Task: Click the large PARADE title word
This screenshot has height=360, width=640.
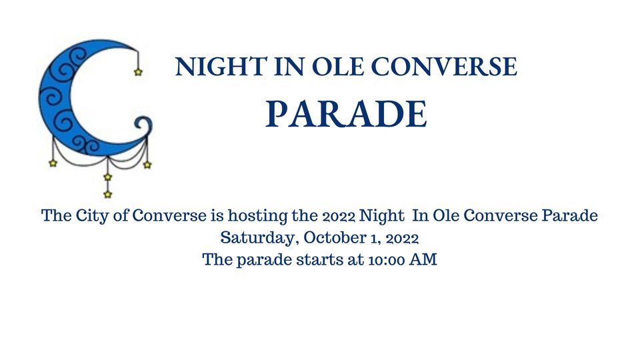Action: coord(346,115)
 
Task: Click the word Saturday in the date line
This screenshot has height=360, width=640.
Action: coord(252,238)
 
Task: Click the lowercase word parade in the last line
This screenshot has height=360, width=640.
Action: coord(261,260)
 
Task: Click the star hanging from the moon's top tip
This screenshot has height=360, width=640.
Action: coord(138,72)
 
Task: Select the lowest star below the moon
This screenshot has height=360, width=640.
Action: coord(107,194)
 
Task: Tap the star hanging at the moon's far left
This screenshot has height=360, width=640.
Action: coord(53,163)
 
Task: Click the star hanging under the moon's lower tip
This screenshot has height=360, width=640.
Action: coord(147,164)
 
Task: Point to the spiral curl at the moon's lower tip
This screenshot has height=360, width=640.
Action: coord(143,125)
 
